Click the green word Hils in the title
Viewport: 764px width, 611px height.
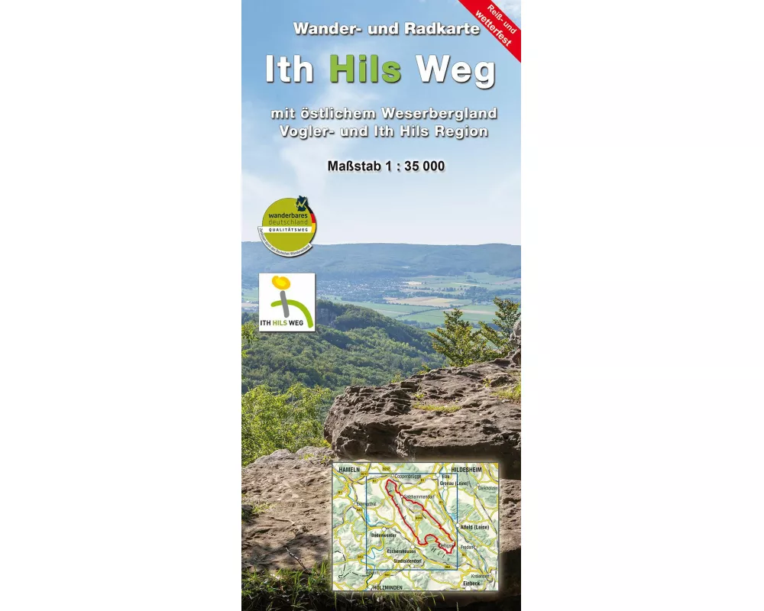click(x=365, y=70)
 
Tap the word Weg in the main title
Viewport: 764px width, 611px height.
click(x=455, y=70)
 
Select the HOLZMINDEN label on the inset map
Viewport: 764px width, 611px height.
click(x=388, y=587)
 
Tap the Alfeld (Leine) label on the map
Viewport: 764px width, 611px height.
click(x=474, y=528)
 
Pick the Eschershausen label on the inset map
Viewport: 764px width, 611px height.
click(x=401, y=550)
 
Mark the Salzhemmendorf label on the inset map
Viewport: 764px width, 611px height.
click(x=419, y=497)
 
